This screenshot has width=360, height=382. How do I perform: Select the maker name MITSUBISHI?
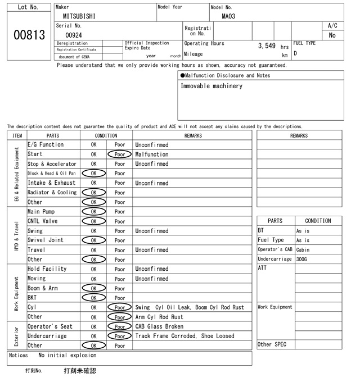click(79, 16)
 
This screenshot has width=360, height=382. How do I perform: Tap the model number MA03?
click(228, 16)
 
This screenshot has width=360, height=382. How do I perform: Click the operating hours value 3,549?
click(266, 46)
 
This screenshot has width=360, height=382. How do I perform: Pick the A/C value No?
click(332, 35)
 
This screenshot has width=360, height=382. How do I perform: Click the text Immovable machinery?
click(211, 87)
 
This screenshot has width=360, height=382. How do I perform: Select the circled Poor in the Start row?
click(119, 154)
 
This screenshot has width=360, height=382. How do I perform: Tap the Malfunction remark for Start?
click(151, 154)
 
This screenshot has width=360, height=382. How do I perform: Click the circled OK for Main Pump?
click(93, 212)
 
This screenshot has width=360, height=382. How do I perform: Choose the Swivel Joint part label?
click(45, 240)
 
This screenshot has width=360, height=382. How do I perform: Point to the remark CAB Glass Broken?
click(159, 326)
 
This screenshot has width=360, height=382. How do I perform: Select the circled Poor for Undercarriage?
click(119, 336)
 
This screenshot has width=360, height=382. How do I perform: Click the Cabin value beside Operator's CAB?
click(303, 249)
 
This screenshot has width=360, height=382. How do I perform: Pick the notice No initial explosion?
click(67, 355)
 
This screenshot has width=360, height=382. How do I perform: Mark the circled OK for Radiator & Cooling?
click(93, 193)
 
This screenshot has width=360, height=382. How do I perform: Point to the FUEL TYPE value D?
click(295, 54)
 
